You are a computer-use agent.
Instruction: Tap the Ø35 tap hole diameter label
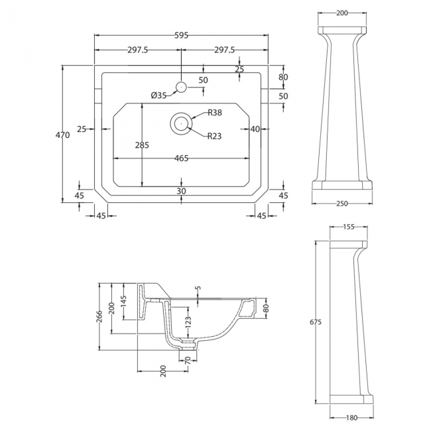[x=158, y=95]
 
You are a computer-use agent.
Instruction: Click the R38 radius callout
[x=214, y=113]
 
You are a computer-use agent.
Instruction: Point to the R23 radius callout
[x=214, y=137]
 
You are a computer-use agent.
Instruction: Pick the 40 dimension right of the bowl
[x=255, y=129]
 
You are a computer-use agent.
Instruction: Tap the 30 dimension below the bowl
[x=182, y=191]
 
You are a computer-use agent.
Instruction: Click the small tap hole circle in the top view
[x=181, y=86]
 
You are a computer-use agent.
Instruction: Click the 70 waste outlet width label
[x=189, y=360]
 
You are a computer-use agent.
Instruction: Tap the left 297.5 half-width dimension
[x=139, y=50]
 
